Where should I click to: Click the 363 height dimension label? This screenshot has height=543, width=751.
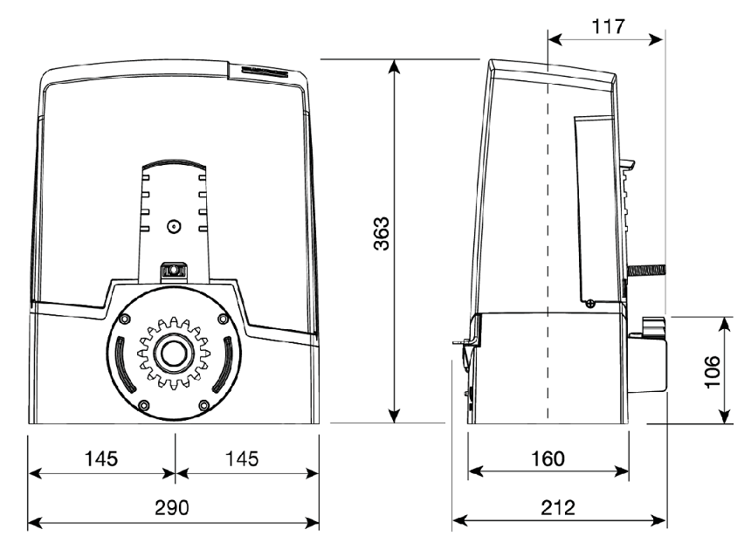(382, 234)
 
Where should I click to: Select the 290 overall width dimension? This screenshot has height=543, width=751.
(172, 507)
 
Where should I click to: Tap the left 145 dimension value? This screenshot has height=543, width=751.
(101, 458)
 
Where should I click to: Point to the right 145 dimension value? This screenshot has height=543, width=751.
(242, 458)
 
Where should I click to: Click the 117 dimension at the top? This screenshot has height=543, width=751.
(609, 26)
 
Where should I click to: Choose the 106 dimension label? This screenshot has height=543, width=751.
(713, 372)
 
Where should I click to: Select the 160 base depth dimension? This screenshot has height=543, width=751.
(548, 458)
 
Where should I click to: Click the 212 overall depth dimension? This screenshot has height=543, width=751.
(558, 507)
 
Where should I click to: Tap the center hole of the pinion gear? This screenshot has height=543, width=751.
(174, 354)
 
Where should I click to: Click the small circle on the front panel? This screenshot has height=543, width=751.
(174, 226)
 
